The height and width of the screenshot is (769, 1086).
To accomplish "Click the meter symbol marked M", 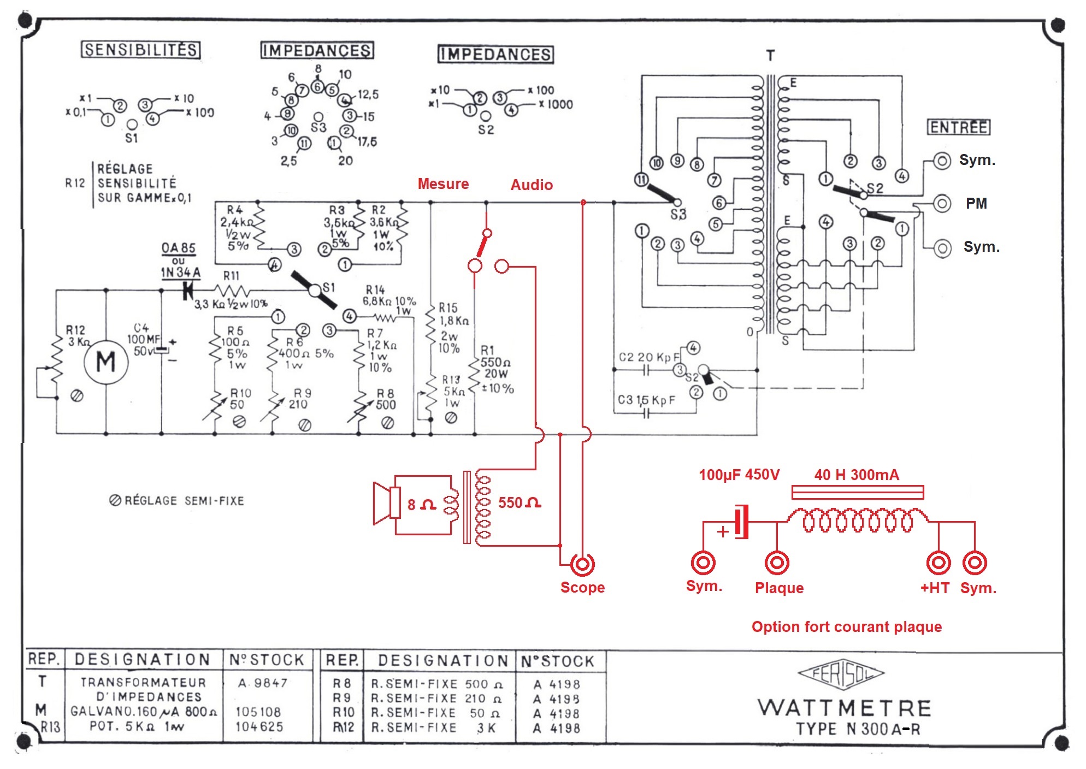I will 106,362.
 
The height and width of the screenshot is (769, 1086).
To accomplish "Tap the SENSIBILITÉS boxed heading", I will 141,50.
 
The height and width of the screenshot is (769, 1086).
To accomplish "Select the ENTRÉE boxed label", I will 959,127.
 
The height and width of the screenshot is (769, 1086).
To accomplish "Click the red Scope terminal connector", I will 582,564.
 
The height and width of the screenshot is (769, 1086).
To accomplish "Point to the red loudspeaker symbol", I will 387,502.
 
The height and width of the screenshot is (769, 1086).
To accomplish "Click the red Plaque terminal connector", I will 777,563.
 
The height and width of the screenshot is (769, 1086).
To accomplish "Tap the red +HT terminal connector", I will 939,563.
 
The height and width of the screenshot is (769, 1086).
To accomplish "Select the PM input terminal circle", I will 942,204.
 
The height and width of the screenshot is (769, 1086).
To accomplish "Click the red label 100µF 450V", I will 739,475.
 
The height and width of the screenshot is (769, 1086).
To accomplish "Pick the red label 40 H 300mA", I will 856,475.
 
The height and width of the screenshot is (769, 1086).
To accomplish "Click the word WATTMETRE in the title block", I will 845,708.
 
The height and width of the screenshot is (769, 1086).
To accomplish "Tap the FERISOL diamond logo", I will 841,674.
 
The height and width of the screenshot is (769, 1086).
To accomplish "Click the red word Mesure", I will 443,184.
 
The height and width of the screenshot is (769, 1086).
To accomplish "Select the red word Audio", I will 532,185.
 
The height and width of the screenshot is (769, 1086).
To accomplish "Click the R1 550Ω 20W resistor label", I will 495,369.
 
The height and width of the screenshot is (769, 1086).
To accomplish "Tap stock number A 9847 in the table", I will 263,683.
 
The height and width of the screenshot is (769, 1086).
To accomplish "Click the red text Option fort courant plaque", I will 846,626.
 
